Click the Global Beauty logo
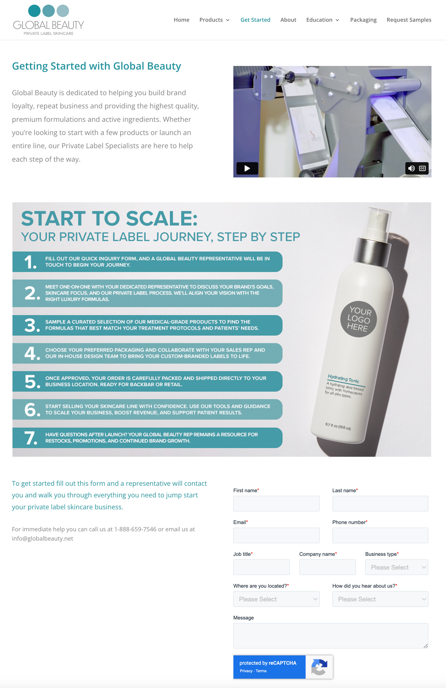pos(48,20)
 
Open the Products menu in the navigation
pos(214,20)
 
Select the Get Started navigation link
pos(255,20)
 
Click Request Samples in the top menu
pos(409,20)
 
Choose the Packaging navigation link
pos(363,20)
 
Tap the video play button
pos(247,168)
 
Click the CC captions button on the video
pos(422,168)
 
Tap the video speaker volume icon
pos(411,168)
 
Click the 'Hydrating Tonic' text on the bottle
pos(343,378)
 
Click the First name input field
pos(276,504)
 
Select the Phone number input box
pos(380,535)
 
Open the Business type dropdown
pos(397,567)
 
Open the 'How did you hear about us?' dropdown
pos(380,599)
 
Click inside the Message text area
pos(330,635)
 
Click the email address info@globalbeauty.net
pos(42,538)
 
